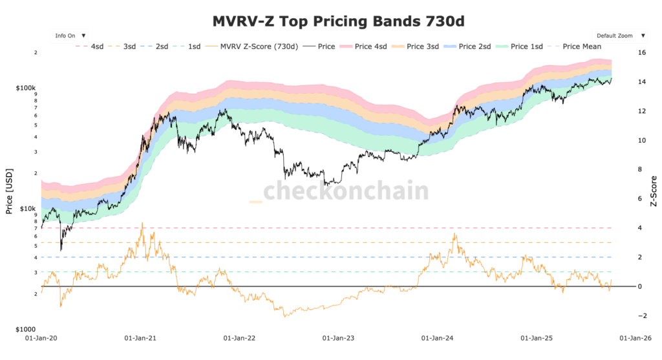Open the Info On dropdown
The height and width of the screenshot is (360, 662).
click(x=70, y=36)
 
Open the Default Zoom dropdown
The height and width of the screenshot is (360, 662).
click(x=619, y=36)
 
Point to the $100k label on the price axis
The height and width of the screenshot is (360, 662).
click(x=26, y=87)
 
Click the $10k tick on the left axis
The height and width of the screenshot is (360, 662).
click(x=28, y=209)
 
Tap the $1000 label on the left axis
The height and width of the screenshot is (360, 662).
click(x=25, y=329)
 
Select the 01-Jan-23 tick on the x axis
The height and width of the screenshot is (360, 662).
click(x=337, y=337)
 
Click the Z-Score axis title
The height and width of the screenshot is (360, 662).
click(x=654, y=191)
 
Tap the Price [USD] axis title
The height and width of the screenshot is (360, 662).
click(x=9, y=191)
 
